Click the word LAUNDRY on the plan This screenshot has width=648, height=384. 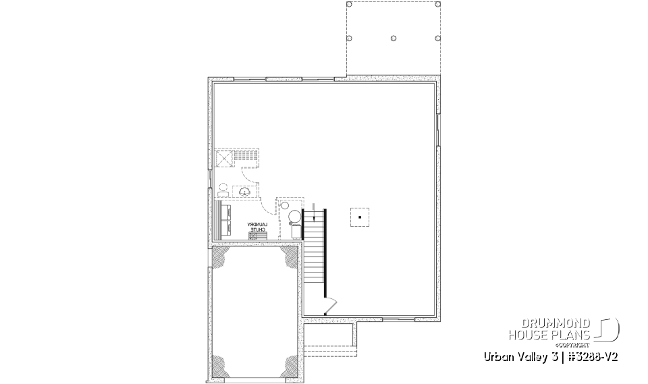click(258, 224)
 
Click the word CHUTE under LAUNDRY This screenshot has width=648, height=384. click(258, 230)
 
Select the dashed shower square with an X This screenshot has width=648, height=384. click(223, 159)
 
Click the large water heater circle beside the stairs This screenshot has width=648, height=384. click(294, 217)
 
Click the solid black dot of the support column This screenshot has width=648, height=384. click(360, 217)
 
